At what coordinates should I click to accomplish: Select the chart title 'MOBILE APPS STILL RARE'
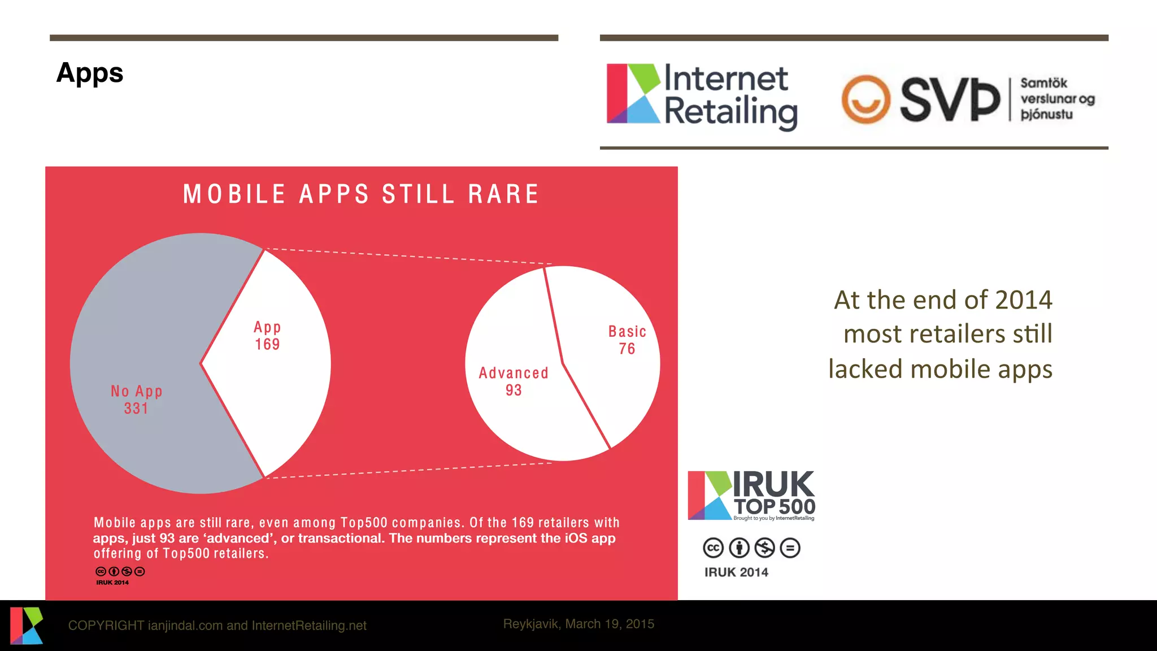tap(361, 194)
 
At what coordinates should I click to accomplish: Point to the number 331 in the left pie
tap(136, 409)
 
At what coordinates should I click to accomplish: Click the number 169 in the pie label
tap(267, 345)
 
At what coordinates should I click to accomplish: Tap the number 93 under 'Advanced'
tap(514, 390)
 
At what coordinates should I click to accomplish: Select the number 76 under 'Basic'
tap(627, 349)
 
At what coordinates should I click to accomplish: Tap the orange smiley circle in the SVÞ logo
tap(865, 99)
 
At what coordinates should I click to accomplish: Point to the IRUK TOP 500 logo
tap(751, 496)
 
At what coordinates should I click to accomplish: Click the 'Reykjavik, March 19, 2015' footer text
tap(578, 624)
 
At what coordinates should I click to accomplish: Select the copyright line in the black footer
tap(217, 626)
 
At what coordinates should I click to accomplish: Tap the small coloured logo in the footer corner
tap(26, 626)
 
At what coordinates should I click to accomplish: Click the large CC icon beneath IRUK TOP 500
tap(713, 548)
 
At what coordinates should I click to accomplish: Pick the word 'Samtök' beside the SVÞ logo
tap(1043, 84)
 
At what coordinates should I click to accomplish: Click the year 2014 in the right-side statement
tap(1024, 300)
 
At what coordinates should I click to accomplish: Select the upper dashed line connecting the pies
tap(407, 256)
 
